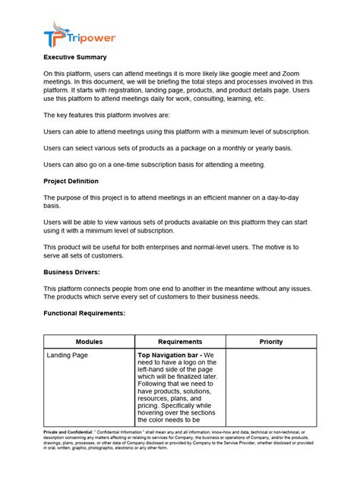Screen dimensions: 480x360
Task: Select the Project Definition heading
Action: pyautogui.click(x=71, y=182)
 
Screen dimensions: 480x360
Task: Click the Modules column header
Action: pyautogui.click(x=89, y=342)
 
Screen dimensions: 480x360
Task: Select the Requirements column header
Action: pyautogui.click(x=180, y=342)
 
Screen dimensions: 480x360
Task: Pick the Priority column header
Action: pyautogui.click(x=270, y=342)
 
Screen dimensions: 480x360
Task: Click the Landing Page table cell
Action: pyautogui.click(x=67, y=355)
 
